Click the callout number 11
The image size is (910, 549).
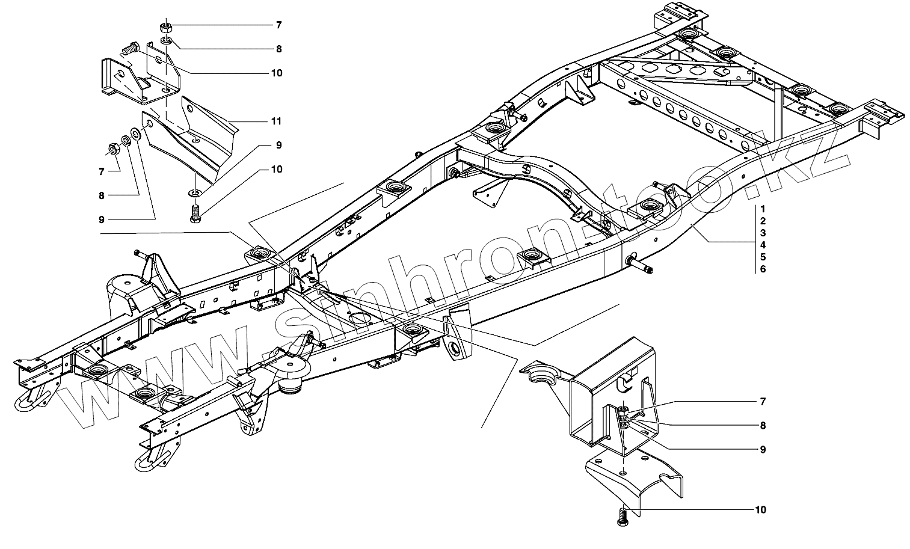click(x=276, y=121)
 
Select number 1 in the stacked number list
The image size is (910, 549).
click(x=762, y=209)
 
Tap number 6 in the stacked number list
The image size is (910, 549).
click(x=763, y=269)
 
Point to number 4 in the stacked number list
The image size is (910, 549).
click(x=763, y=245)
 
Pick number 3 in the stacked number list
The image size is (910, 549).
click(x=763, y=233)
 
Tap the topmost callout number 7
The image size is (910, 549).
click(x=278, y=25)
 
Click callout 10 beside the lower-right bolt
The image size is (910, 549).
click(x=761, y=510)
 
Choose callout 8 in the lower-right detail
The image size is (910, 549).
click(x=763, y=426)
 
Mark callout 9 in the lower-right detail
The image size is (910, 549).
click(x=763, y=449)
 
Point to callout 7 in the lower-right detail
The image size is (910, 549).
click(x=763, y=401)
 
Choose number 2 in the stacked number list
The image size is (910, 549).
click(x=763, y=221)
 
